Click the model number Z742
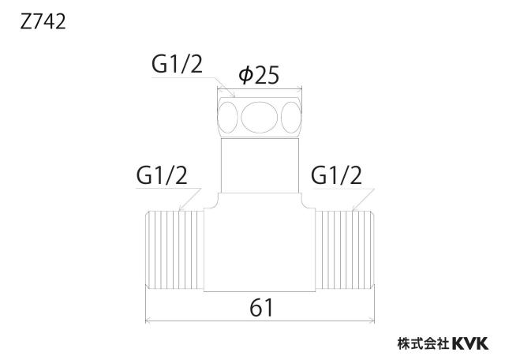click(x=43, y=22)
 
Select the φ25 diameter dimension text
click(x=259, y=76)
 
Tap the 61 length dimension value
click(x=261, y=307)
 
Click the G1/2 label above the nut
click(x=177, y=64)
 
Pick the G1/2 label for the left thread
click(x=162, y=175)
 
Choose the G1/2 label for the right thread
click(x=336, y=175)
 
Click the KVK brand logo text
click(x=470, y=343)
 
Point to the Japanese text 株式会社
click(x=424, y=343)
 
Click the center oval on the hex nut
click(x=260, y=118)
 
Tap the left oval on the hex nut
click(x=228, y=118)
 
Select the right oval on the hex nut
click(x=291, y=118)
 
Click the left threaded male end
click(x=174, y=250)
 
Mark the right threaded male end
click(x=345, y=250)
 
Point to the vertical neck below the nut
click(x=260, y=165)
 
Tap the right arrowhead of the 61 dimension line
click(x=373, y=321)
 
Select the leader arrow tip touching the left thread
click(x=179, y=211)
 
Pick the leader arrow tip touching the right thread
click(x=353, y=211)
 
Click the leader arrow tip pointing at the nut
click(x=235, y=96)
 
